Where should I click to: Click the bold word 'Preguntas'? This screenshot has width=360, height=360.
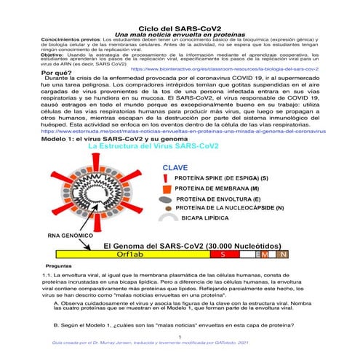point(59,266)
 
